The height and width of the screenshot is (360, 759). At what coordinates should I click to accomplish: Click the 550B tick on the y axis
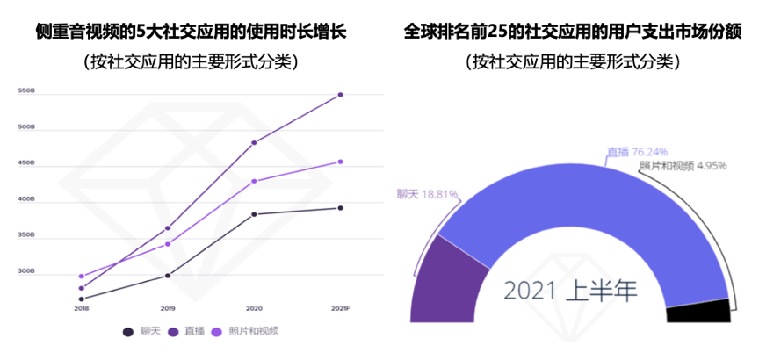pos(25,91)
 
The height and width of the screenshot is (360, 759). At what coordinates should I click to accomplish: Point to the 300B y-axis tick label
pos(25,271)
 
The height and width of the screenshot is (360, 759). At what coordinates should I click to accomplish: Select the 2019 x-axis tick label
pos(167,308)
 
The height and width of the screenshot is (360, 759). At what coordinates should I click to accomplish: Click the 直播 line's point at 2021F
pos(340,95)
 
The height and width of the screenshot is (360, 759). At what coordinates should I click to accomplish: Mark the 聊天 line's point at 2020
pos(254,214)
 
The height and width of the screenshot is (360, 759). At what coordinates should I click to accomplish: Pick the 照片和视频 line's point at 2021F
pos(340,162)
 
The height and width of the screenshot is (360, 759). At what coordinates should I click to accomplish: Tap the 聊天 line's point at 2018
pos(82,299)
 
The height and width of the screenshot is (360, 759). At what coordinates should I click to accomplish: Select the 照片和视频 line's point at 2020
pos(254,181)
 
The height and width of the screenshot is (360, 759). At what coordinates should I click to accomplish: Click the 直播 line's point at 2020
pos(254,142)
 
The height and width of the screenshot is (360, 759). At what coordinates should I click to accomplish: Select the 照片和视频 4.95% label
pos(682,166)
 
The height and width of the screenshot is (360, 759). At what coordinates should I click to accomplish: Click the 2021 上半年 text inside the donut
pos(571,290)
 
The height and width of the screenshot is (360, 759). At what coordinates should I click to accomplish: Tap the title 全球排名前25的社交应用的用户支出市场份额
pos(572,32)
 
